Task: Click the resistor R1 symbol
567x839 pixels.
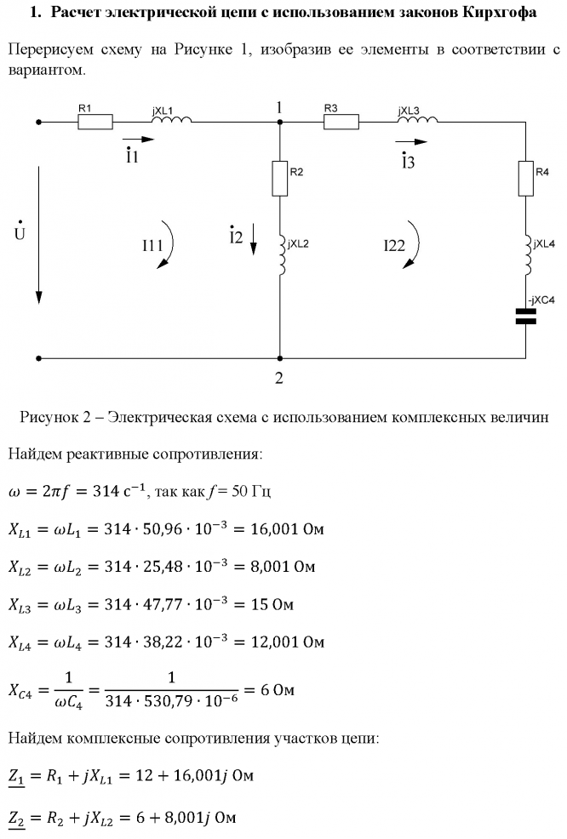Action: [94, 122]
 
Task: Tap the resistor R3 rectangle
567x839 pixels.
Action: [341, 122]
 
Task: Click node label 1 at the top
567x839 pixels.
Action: [278, 106]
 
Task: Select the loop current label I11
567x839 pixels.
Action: [152, 246]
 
